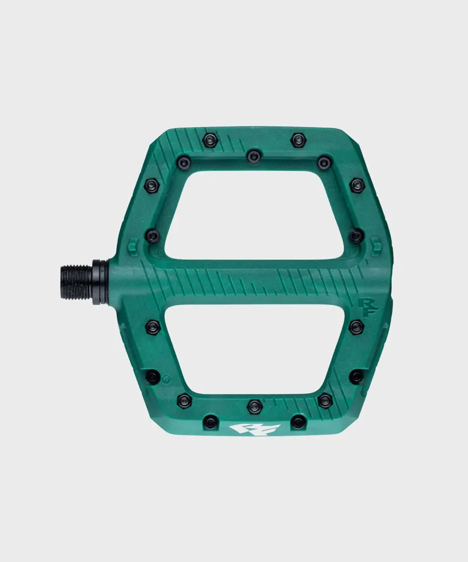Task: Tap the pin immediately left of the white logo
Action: point(209,421)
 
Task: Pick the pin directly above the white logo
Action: point(254,404)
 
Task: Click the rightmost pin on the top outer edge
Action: point(298,139)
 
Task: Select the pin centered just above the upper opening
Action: point(253,156)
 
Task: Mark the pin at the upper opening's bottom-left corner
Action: point(153,235)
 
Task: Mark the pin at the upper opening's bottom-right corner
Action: point(356,235)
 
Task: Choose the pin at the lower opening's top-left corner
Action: point(153,324)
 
